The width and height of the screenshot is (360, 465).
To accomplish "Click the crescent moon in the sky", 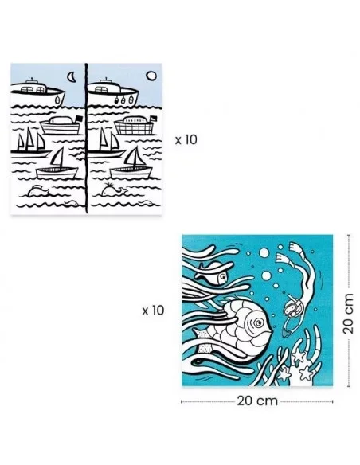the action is coord(71,78).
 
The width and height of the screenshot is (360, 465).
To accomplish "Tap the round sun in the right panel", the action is coord(151,76).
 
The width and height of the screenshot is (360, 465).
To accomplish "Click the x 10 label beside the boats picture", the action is coord(186,139).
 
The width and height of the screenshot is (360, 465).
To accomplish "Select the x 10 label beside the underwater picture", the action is coord(153,311).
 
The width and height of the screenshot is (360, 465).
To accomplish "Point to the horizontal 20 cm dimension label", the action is coord(257,401).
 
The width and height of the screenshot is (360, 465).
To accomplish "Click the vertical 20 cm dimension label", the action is coord(349,314).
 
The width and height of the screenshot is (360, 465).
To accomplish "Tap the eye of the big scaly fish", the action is coord(259,322).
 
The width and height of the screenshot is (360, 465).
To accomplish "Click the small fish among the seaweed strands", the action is coord(211,273).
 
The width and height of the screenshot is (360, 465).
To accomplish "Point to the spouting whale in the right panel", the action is coord(114,190).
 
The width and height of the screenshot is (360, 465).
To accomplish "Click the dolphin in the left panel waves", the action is coord(38,191).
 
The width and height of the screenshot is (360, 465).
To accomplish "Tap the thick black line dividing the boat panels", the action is coord(86,139).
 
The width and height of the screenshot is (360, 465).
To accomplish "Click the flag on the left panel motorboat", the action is coord(79,119).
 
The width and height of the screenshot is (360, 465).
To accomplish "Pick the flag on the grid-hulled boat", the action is coord(154,119).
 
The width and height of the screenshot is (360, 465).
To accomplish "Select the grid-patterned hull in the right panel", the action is coord(134,128).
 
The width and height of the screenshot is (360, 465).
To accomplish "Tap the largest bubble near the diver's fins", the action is coord(264,253).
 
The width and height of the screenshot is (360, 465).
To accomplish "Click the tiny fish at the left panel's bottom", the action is coord(72,203).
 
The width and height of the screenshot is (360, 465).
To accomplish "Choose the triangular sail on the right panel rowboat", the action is coord(134,157).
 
